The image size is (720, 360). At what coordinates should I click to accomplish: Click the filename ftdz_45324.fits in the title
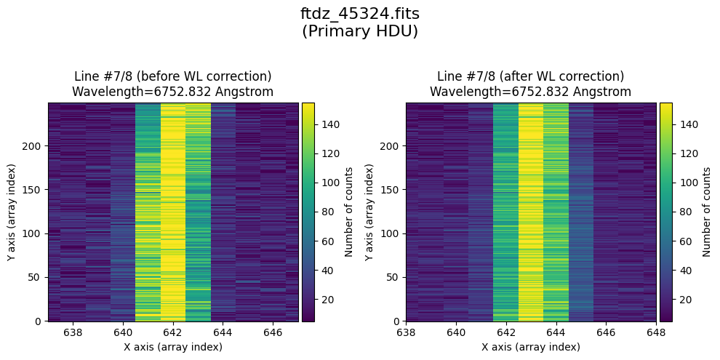click(360, 14)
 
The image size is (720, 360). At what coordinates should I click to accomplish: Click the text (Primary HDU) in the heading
click(360, 31)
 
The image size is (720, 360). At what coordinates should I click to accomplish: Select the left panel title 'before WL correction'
click(173, 76)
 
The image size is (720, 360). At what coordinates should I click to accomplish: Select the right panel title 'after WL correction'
click(530, 76)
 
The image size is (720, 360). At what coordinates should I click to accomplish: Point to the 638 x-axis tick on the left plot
click(73, 333)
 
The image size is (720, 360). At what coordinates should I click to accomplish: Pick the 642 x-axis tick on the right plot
click(506, 333)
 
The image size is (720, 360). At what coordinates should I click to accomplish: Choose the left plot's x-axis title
click(173, 347)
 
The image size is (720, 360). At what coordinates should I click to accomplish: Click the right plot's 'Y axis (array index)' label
click(377, 212)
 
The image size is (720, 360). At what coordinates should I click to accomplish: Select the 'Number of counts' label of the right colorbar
click(706, 212)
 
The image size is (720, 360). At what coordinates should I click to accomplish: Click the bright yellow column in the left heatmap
click(173, 212)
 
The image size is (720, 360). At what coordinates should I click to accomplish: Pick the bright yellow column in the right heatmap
click(531, 212)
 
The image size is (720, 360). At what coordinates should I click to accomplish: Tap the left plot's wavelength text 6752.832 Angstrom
click(173, 92)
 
